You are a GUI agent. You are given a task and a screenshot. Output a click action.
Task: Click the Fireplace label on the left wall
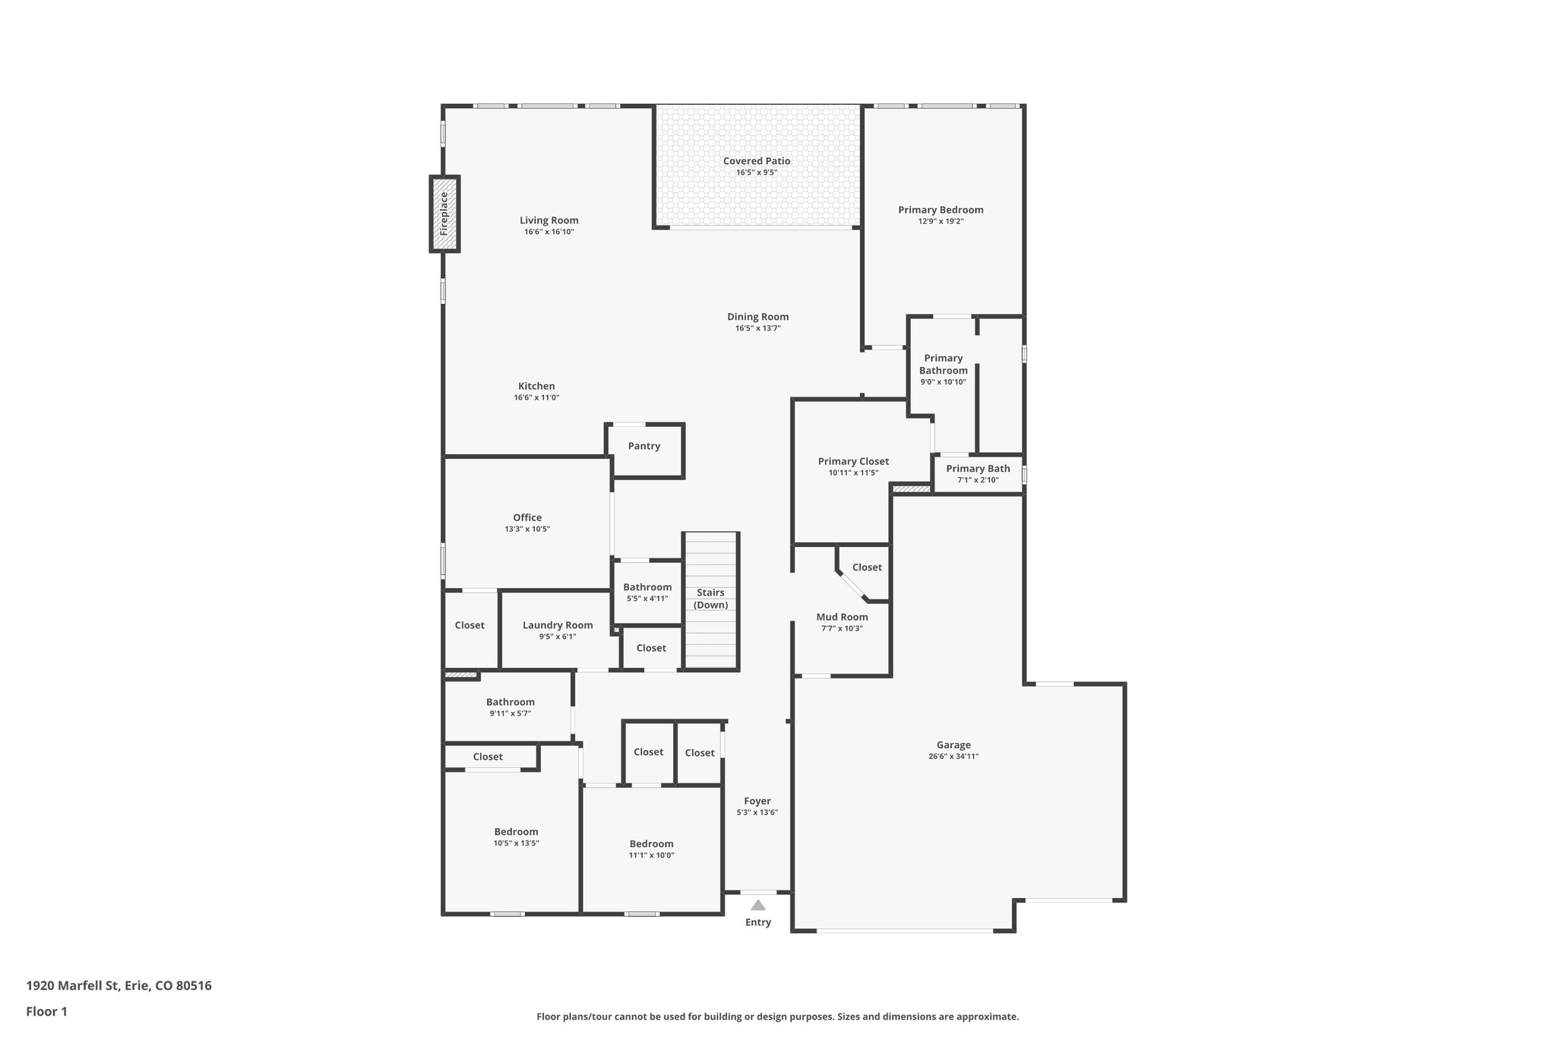(444, 213)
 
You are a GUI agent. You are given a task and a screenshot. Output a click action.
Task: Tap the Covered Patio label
(757, 161)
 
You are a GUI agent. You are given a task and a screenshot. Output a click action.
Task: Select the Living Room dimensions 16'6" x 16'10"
(549, 232)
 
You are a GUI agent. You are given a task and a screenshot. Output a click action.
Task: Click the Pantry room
(644, 447)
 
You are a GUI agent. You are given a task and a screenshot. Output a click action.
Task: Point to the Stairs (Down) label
(710, 599)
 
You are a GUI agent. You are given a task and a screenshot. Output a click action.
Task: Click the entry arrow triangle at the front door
(758, 905)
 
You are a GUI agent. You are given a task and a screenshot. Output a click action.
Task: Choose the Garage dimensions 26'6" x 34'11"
(953, 757)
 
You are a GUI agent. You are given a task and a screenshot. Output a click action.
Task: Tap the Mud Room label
(842, 617)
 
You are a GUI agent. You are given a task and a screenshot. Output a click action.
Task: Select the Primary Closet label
(853, 461)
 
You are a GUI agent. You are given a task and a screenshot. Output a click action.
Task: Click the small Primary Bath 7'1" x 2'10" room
(978, 474)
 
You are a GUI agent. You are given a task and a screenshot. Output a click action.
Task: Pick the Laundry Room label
(558, 625)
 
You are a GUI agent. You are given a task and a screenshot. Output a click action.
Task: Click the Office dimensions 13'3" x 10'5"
(527, 530)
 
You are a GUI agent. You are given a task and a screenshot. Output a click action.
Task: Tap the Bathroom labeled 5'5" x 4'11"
(647, 592)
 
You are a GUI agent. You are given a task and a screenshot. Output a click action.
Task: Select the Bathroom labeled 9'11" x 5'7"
(510, 707)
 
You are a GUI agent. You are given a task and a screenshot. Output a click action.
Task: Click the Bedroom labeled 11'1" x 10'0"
(651, 849)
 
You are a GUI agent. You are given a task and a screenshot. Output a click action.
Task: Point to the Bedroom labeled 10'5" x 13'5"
(516, 836)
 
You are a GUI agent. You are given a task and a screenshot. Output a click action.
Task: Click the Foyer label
(757, 801)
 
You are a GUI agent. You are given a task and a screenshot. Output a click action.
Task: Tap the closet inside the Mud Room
(867, 568)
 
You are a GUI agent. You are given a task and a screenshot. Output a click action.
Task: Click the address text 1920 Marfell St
(119, 985)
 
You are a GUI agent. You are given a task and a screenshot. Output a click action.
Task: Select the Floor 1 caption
(47, 1011)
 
